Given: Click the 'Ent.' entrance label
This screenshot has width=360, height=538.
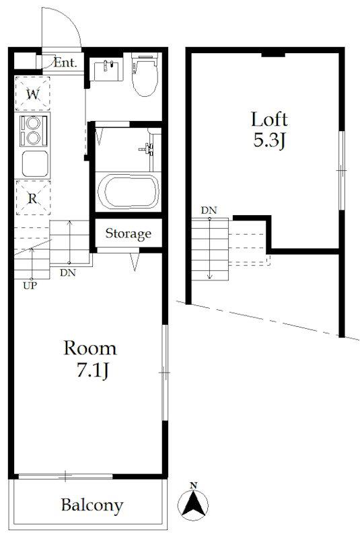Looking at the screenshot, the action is [65, 63].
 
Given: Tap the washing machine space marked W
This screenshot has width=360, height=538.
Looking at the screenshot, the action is [32, 93].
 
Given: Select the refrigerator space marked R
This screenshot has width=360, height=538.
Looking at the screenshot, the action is [33, 198].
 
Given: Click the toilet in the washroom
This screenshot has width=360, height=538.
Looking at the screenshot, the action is [145, 74].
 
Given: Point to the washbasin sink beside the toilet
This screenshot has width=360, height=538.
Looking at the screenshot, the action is [108, 70].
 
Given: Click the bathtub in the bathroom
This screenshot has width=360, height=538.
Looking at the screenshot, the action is [129, 192].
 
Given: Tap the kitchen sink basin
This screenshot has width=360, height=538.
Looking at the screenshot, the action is [35, 163].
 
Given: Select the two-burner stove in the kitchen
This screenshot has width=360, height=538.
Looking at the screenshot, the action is [34, 130].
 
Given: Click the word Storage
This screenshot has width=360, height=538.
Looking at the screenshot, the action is [128, 233].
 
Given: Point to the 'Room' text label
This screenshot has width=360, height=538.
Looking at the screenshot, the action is [90, 348].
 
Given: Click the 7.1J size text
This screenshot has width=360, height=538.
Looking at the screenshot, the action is [92, 371].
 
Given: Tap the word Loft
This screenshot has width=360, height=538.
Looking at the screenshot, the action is [269, 120].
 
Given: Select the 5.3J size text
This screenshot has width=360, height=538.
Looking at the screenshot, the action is [270, 141].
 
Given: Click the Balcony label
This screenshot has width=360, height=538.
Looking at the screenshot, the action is [92, 506].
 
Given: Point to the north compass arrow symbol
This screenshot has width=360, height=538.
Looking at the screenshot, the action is [193, 502].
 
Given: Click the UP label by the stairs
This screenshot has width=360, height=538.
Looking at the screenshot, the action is [30, 285].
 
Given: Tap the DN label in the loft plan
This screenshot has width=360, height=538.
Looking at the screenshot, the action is [209, 210].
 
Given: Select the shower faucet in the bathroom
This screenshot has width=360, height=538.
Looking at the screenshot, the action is [147, 149].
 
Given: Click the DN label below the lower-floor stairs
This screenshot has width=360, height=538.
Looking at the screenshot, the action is [67, 273].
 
